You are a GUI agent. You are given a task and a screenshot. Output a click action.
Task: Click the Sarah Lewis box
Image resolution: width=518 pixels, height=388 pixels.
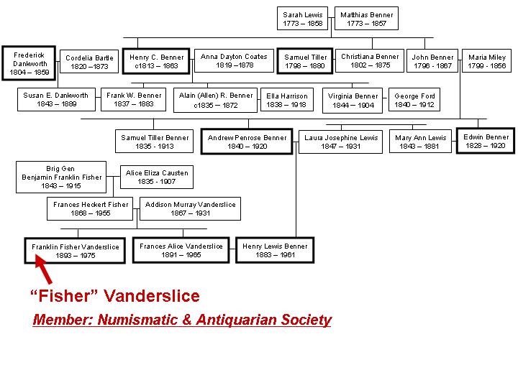coord(303,19)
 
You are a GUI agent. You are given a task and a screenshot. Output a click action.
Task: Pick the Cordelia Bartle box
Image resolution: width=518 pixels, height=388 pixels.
coord(90,62)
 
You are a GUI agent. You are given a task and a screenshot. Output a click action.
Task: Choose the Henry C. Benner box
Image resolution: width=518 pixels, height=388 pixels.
coord(157,61)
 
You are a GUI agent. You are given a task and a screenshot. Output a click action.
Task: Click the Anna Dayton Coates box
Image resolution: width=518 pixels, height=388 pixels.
coord(234,61)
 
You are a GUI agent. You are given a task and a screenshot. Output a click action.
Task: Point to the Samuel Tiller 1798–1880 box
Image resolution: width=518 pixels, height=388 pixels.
coord(305,61)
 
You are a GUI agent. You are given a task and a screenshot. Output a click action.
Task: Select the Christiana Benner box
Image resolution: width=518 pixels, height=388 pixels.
coord(370,61)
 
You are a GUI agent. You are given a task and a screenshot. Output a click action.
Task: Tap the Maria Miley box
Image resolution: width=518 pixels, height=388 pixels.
coord(487,61)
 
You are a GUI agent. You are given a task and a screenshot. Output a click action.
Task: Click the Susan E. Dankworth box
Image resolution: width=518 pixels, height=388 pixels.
coord(56,100)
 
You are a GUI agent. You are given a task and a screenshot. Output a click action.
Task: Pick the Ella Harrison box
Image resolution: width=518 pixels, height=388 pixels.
coord(286,100)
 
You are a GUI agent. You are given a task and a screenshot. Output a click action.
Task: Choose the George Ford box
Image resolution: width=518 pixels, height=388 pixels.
coord(414,100)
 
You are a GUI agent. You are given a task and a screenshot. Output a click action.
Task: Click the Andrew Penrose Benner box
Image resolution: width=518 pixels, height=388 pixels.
coord(247,141)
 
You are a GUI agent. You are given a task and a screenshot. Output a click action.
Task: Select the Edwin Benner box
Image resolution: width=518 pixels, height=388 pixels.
coord(486,141)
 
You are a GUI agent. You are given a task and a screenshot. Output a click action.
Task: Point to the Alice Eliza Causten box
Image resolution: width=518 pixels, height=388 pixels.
coord(157,177)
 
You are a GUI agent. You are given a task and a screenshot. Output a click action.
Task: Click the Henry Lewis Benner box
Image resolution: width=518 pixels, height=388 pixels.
coord(275,250)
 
